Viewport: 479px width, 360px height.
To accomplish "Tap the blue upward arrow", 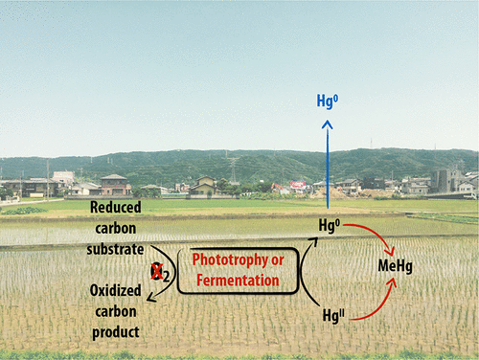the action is pos(327,163).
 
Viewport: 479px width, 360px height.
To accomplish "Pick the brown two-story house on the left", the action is pos(114,184).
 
